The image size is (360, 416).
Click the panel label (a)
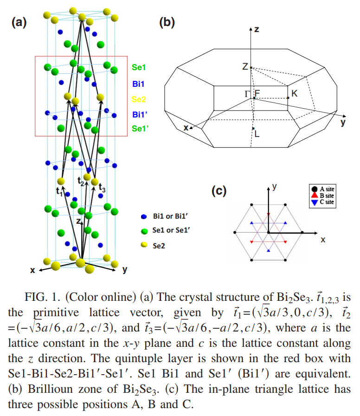tap(19, 22)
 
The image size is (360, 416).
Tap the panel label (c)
tap(219, 190)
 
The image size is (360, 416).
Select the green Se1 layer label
tap(139, 67)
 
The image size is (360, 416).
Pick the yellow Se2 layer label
tap(139, 99)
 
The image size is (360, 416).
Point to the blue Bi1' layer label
tap(140, 115)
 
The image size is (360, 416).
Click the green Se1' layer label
tap(140, 129)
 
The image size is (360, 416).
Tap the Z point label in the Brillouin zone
tap(245, 66)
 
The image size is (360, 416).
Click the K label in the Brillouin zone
tap(294, 93)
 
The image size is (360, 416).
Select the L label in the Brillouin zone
tap(257, 134)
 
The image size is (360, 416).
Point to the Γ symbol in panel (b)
tap(247, 94)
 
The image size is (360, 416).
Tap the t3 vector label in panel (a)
tap(102, 188)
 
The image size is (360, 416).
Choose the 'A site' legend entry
tap(323, 189)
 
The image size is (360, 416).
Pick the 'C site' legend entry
tap(323, 202)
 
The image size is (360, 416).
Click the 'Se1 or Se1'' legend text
tap(171, 230)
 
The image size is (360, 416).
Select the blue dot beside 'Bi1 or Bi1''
tap(144, 216)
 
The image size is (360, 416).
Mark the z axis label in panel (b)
tap(257, 29)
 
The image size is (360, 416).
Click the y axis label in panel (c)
tap(274, 187)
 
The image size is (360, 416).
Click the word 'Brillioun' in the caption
tap(50, 389)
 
